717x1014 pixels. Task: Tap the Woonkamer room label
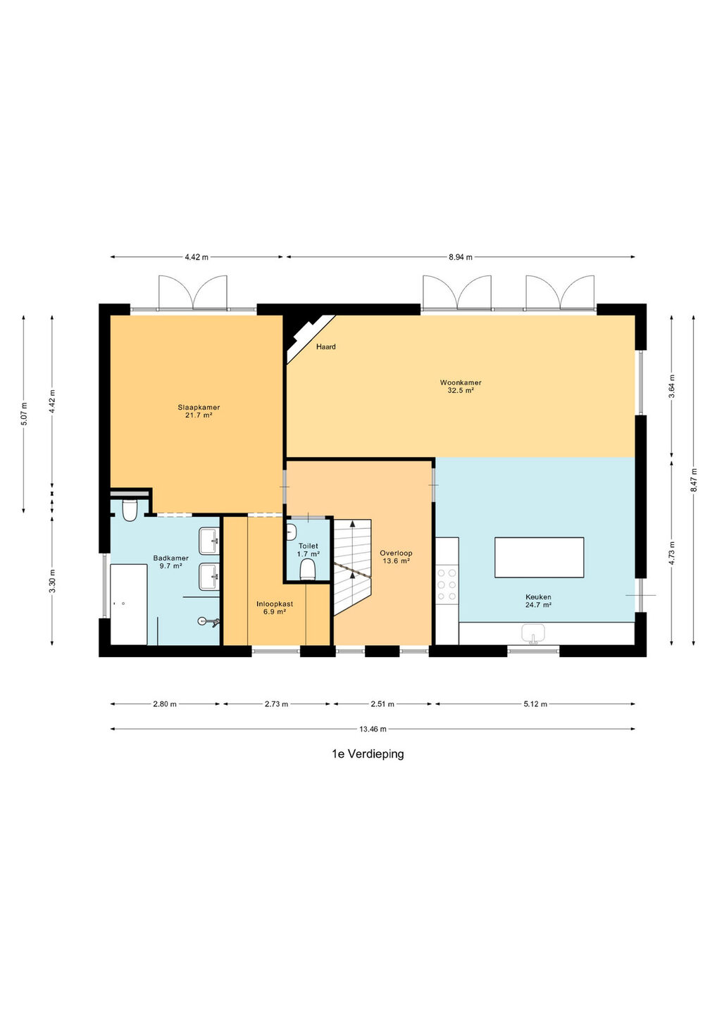click(456, 382)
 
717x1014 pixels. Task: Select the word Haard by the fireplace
click(326, 346)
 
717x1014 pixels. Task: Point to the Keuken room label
click(538, 597)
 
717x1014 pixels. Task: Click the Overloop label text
click(396, 553)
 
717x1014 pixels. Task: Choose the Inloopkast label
click(275, 604)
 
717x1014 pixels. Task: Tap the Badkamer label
click(170, 558)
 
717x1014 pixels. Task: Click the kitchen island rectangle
click(539, 557)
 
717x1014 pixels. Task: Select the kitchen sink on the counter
click(534, 633)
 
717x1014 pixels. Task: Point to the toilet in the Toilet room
click(307, 569)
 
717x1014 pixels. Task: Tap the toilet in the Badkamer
click(130, 510)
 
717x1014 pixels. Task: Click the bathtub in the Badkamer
click(129, 604)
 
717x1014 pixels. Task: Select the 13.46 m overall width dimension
click(373, 729)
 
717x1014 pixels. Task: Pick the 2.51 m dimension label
click(382, 704)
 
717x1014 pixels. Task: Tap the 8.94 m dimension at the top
click(461, 257)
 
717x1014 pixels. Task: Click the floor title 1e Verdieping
click(368, 754)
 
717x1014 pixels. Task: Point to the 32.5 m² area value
click(456, 390)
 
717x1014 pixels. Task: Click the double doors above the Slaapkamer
click(192, 294)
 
